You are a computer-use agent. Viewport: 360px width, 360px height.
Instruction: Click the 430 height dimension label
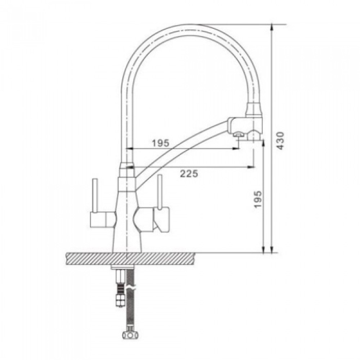280,140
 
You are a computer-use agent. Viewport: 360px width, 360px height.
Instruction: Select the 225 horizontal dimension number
189,174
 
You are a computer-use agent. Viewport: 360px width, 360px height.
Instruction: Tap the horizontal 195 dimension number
161,143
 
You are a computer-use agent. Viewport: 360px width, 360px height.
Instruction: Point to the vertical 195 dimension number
257,199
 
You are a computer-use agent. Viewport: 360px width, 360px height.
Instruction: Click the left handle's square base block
98,219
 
